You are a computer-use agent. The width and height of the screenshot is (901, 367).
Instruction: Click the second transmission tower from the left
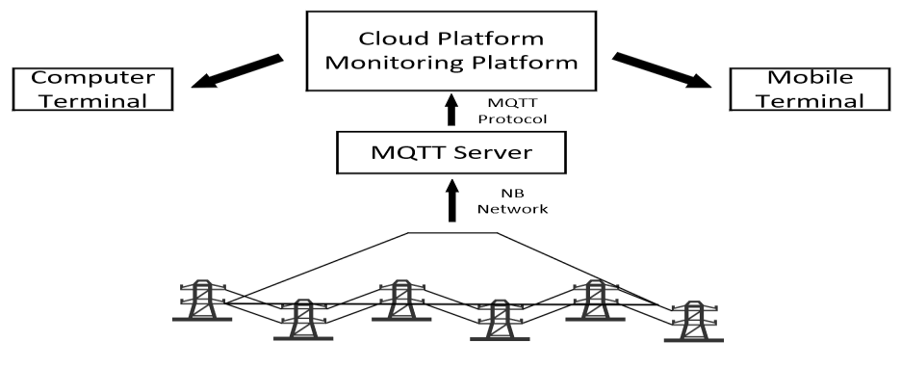tap(302, 322)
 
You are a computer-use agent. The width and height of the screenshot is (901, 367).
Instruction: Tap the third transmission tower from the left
tap(399, 304)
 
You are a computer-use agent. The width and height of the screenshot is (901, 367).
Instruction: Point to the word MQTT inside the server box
tap(398, 153)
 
